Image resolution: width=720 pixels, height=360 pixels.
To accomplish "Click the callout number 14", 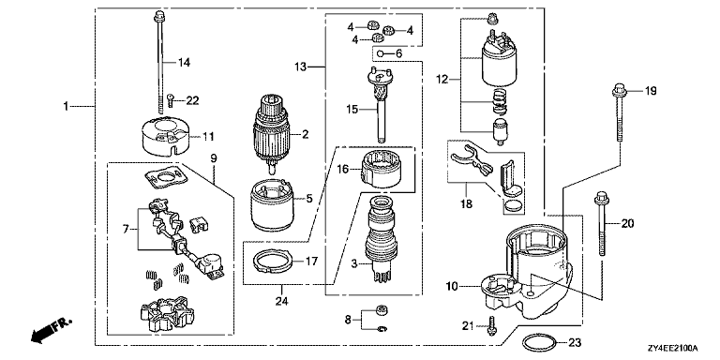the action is pyautogui.click(x=184, y=63).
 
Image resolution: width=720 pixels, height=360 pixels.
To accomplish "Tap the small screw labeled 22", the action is pyautogui.click(x=171, y=99).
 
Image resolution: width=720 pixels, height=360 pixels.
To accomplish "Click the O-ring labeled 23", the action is pyautogui.click(x=539, y=341).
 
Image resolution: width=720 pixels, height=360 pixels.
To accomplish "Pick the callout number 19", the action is pyautogui.click(x=651, y=91).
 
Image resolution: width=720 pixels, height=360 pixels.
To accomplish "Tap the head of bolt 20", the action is pyautogui.click(x=601, y=200).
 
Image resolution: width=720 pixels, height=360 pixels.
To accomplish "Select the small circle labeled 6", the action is pyautogui.click(x=381, y=54).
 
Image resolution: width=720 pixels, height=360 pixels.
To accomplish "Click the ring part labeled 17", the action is pyautogui.click(x=273, y=261).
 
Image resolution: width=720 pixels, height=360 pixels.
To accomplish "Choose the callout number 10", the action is pyautogui.click(x=452, y=288).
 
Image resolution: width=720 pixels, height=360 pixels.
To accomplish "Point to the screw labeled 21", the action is pyautogui.click(x=491, y=325).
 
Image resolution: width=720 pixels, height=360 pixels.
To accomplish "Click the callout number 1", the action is pyautogui.click(x=66, y=107).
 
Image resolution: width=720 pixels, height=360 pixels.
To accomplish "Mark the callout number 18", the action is pyautogui.click(x=467, y=203).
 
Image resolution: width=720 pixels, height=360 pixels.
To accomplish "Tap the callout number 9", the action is pyautogui.click(x=214, y=157).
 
